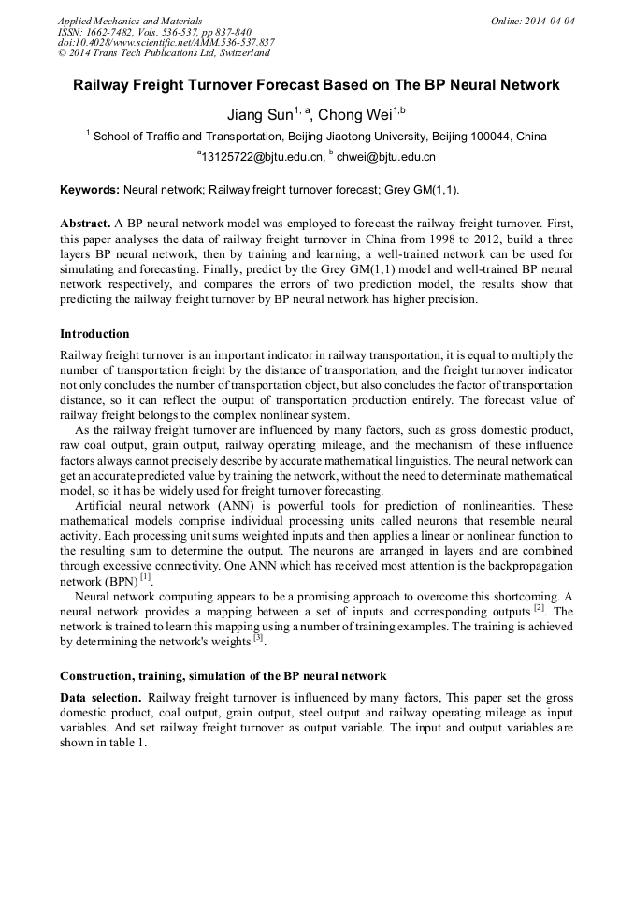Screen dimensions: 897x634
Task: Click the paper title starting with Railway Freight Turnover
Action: point(316,85)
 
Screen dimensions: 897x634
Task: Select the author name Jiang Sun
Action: point(259,115)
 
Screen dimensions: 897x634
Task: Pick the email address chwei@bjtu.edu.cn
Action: point(385,158)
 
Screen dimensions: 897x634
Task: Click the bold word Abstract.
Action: point(85,224)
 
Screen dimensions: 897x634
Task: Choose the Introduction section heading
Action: point(94,334)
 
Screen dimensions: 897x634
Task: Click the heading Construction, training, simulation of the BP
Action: point(223,676)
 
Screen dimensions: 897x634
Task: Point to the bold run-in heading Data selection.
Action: point(101,698)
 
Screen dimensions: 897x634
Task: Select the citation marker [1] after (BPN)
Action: point(145,578)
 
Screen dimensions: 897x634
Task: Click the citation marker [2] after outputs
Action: point(540,608)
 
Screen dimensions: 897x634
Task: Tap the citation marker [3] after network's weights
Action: point(259,638)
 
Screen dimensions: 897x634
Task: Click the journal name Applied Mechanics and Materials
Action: point(129,21)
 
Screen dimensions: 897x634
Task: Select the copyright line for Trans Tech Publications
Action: point(164,54)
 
